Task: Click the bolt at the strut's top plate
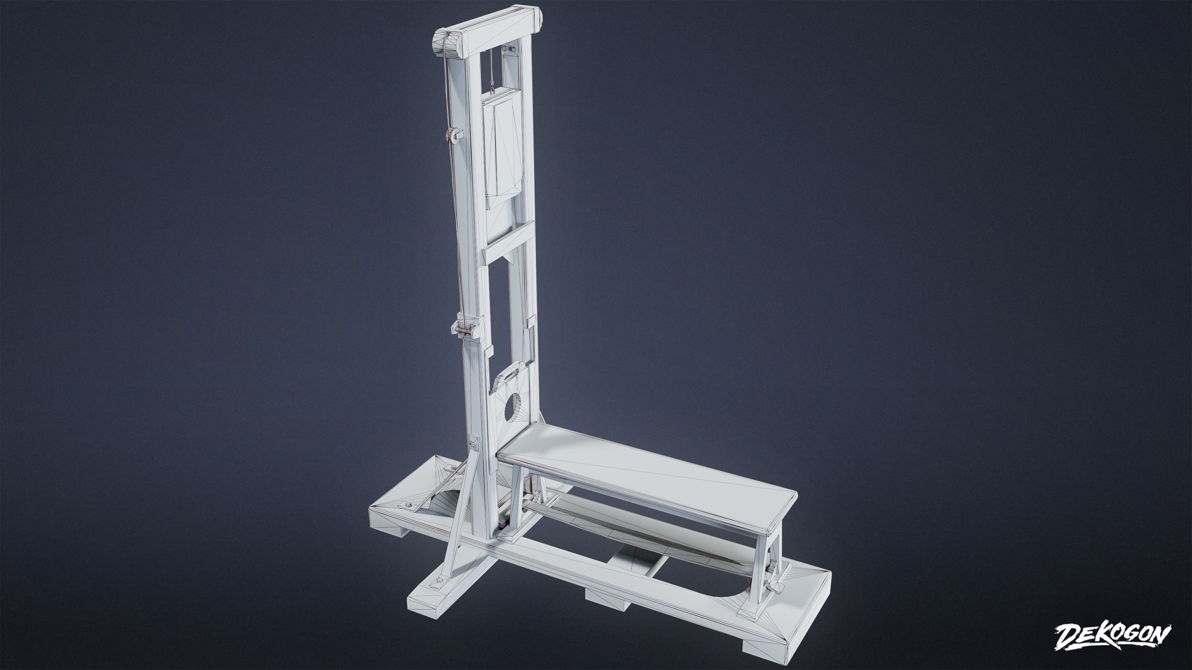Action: click(472, 445)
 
